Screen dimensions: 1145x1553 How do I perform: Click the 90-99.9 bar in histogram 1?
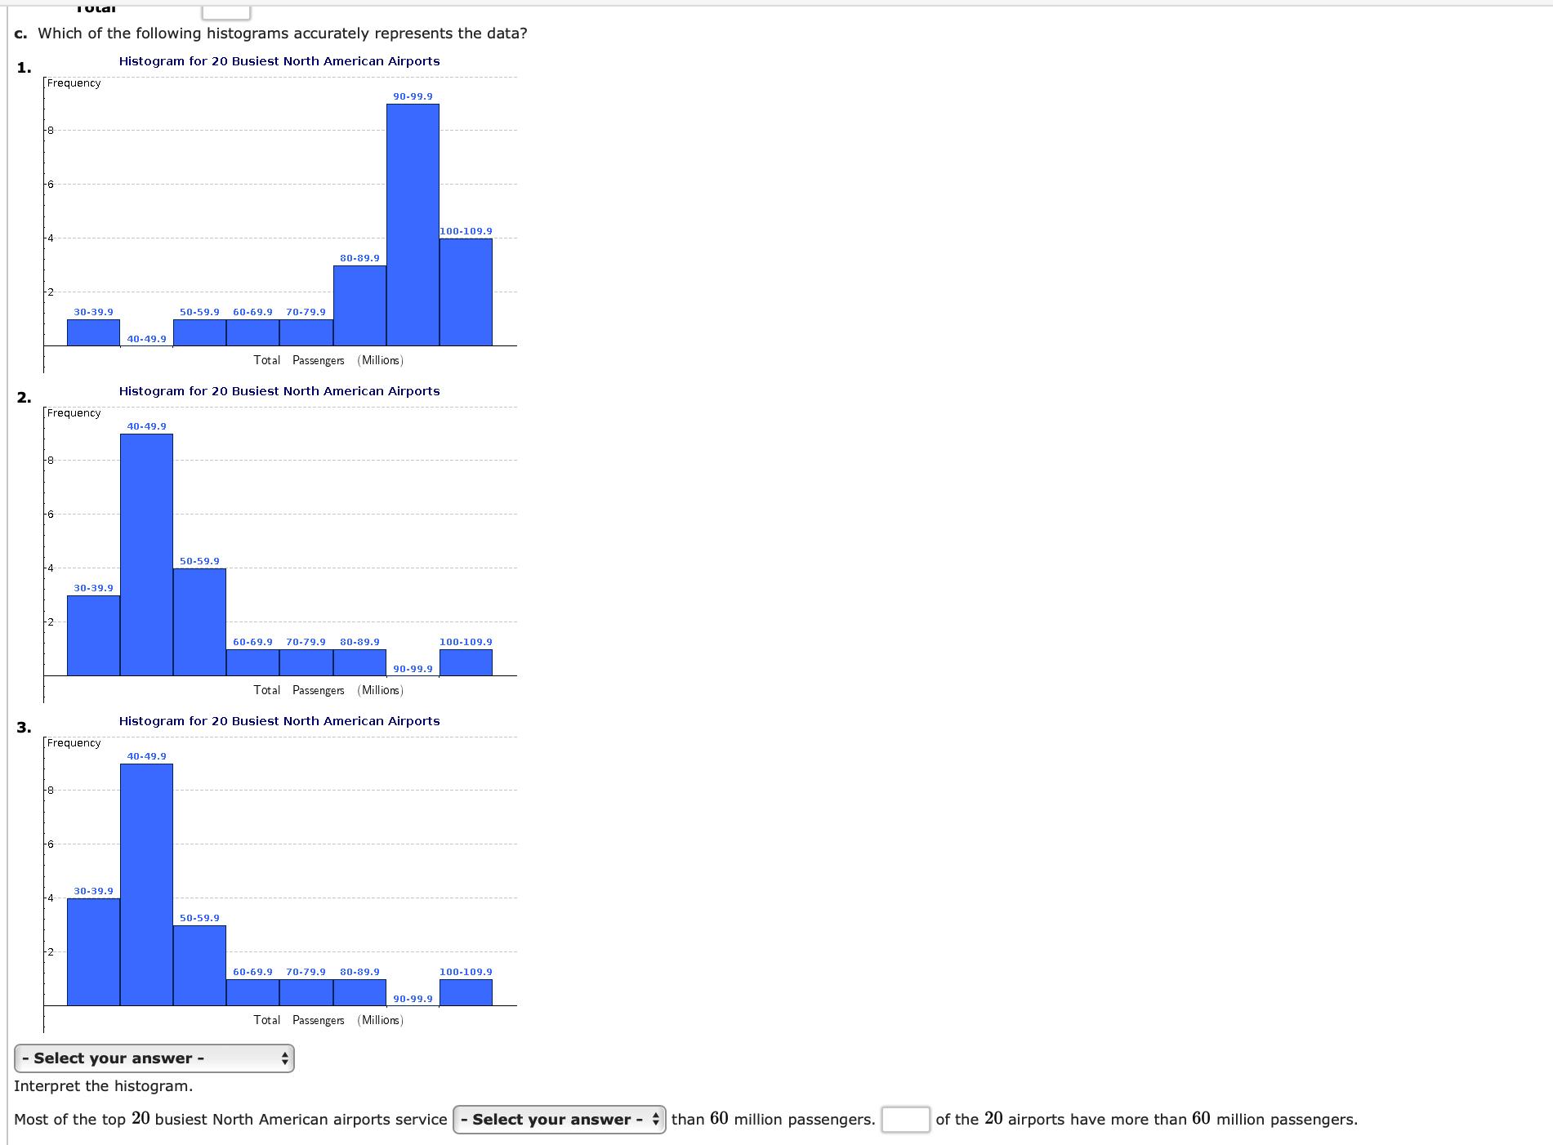tap(413, 225)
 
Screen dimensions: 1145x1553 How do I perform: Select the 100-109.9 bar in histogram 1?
tap(466, 292)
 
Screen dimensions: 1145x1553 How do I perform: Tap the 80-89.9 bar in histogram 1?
tap(359, 305)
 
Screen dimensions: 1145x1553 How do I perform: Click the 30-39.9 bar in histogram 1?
tap(93, 332)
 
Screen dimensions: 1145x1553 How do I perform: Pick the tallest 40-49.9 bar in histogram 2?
tap(146, 555)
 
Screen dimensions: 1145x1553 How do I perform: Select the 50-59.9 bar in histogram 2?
tap(199, 622)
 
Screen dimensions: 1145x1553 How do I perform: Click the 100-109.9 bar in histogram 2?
tap(466, 662)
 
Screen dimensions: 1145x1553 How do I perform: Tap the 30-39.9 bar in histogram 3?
tap(93, 951)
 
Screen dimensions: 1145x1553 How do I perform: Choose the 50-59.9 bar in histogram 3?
tap(199, 965)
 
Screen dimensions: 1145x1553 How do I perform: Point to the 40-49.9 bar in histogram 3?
tap(146, 884)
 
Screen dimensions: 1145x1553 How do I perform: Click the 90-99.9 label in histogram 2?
tap(413, 669)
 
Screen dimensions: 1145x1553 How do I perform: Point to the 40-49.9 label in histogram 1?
tap(146, 339)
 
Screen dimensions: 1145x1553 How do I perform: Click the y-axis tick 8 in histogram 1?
tap(50, 130)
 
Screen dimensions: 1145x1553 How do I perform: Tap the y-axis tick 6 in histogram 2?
tap(50, 514)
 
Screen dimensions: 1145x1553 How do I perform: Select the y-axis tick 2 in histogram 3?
tap(50, 951)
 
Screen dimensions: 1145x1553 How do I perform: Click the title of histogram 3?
tap(279, 721)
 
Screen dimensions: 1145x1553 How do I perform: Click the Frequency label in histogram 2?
tap(74, 413)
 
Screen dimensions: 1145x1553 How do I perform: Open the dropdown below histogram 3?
tap(154, 1058)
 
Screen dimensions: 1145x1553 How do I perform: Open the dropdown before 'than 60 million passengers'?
tap(560, 1119)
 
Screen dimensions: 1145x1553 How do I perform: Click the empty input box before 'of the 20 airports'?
tap(905, 1119)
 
